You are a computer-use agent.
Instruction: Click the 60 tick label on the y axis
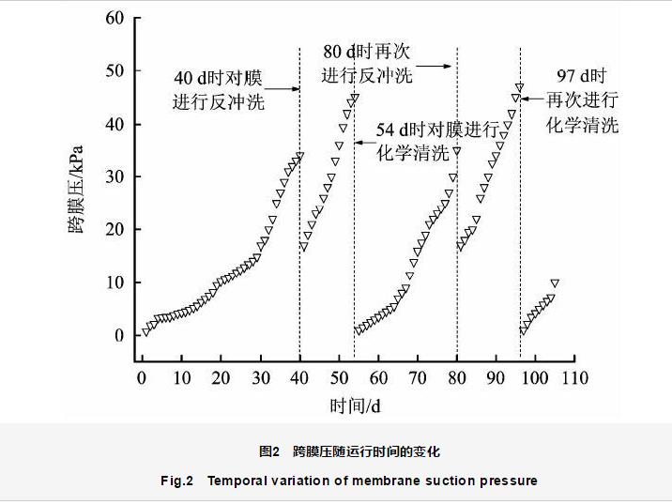pos(114,18)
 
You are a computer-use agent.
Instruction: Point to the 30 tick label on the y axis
pos(114,176)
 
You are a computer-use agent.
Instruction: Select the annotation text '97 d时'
pos(581,76)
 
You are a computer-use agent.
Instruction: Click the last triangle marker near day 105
pos(555,283)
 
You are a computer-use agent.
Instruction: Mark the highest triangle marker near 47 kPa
pos(519,87)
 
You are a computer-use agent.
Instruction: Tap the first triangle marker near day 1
pos(145,330)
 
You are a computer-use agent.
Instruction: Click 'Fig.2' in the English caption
pos(176,481)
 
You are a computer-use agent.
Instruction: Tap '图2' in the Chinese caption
pos(269,451)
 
